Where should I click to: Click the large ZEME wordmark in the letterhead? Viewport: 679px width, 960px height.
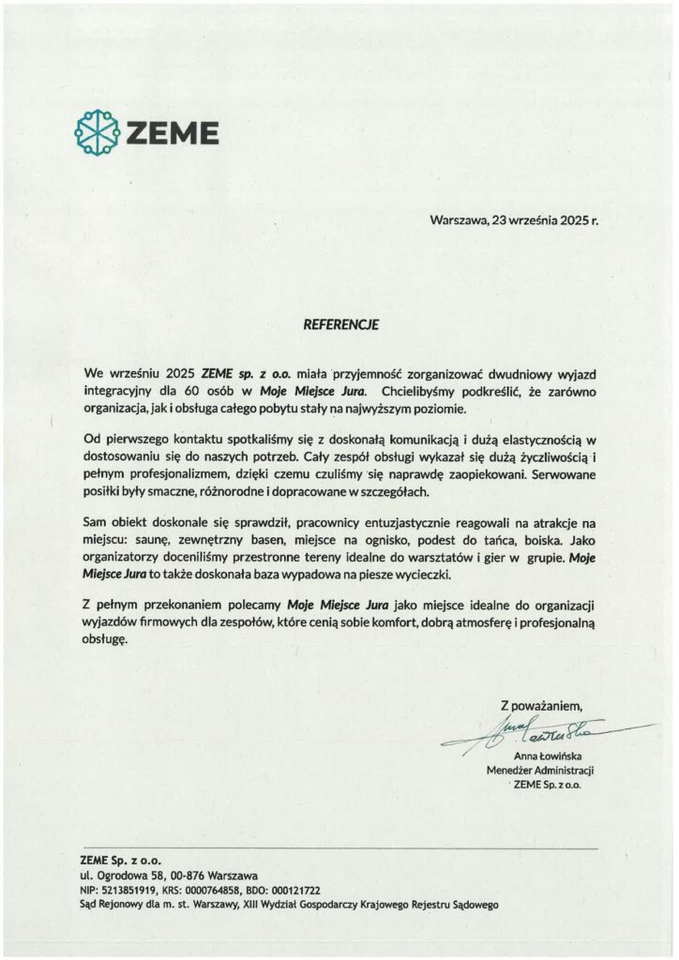pos(174,133)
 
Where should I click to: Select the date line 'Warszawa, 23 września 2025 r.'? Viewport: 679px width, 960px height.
pos(513,222)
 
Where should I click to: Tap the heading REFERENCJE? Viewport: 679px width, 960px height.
pos(339,324)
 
